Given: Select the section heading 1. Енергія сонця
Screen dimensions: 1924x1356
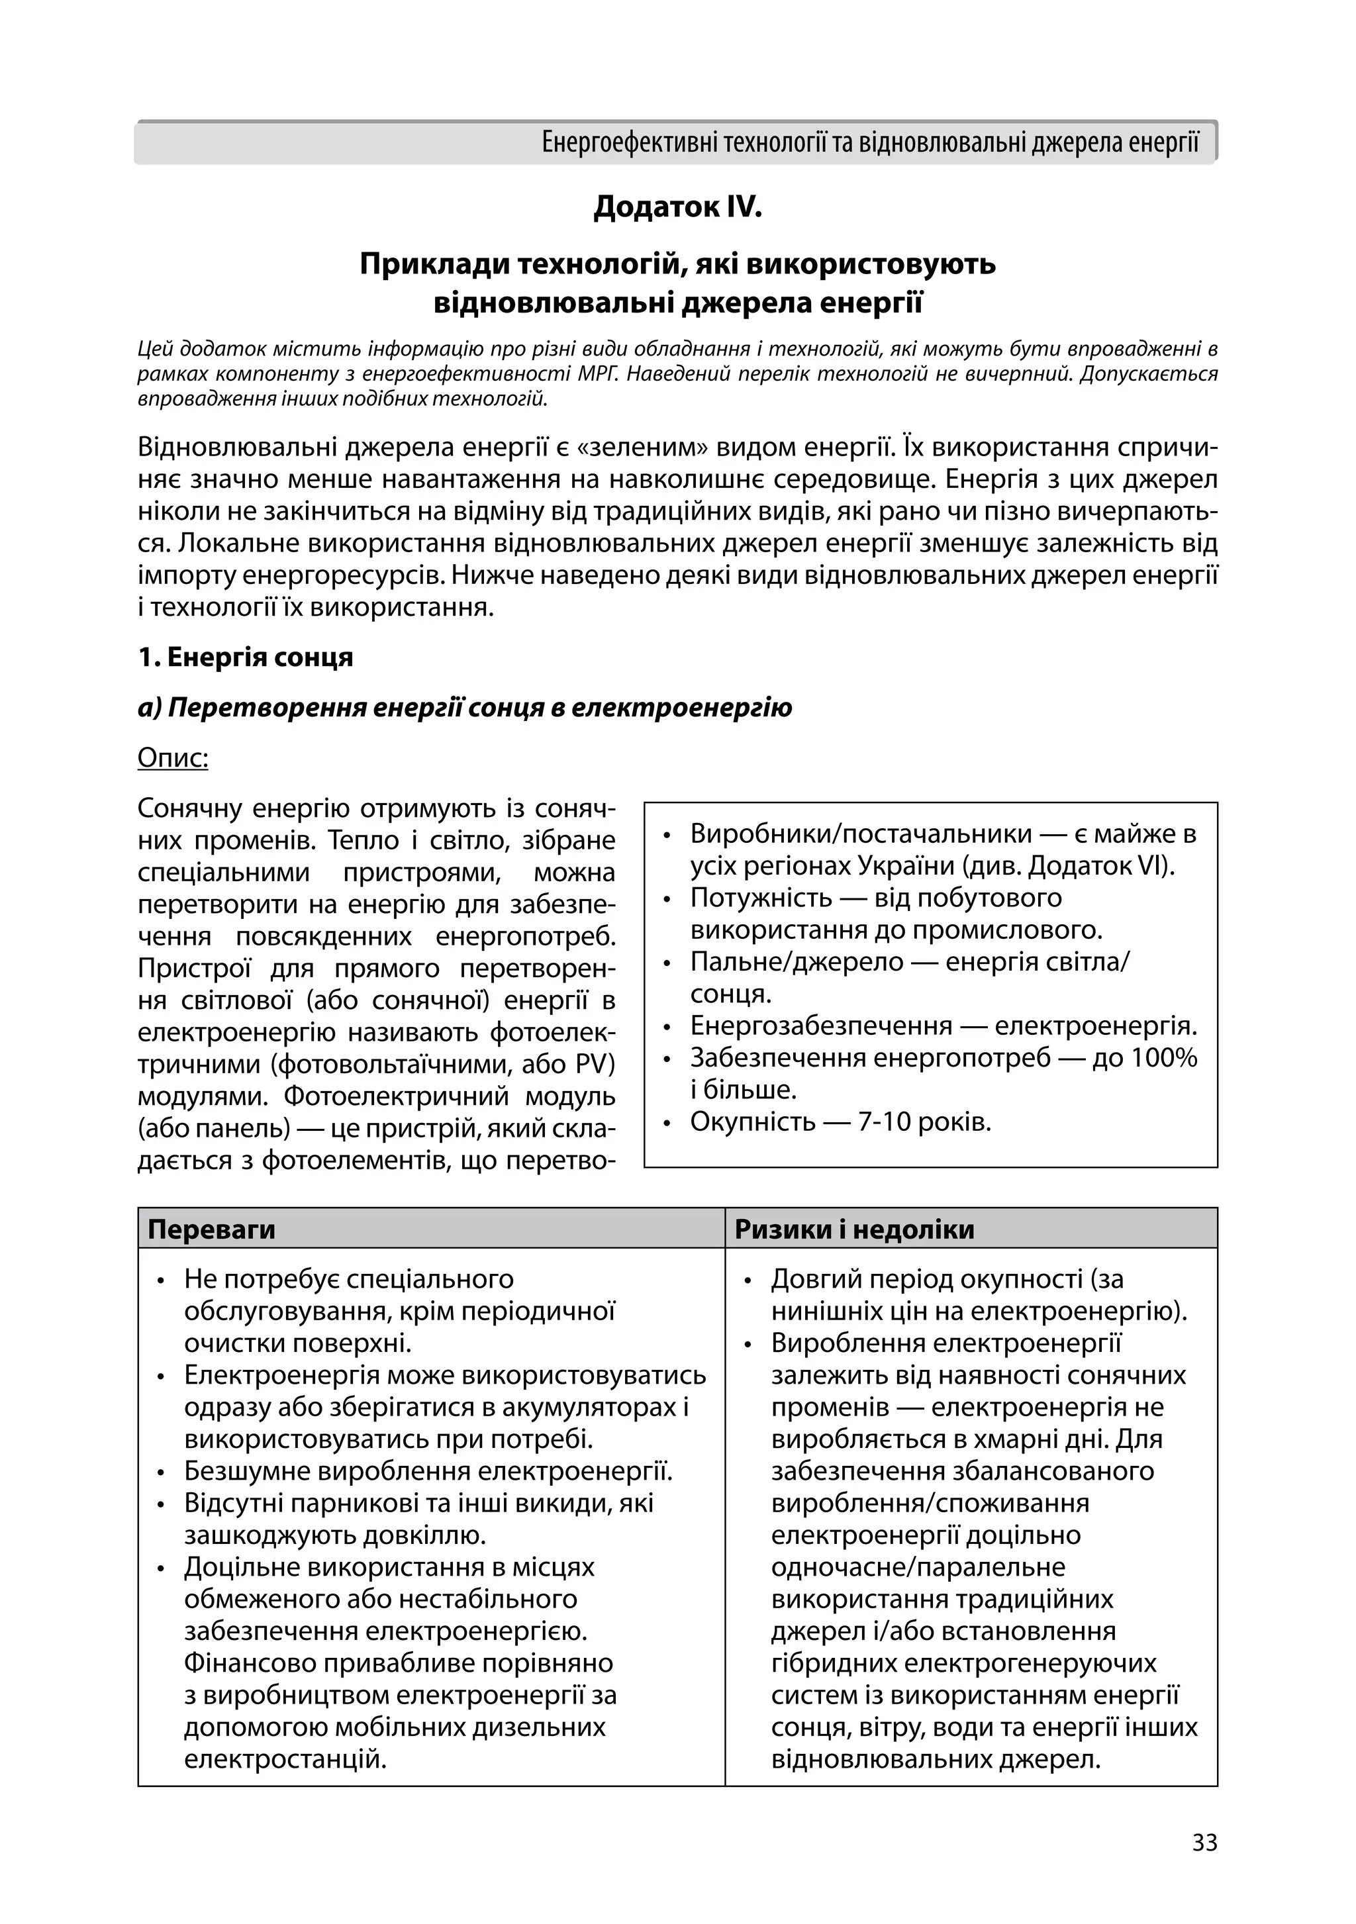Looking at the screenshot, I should pos(246,657).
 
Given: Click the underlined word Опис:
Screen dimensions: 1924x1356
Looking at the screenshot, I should pos(173,758).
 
